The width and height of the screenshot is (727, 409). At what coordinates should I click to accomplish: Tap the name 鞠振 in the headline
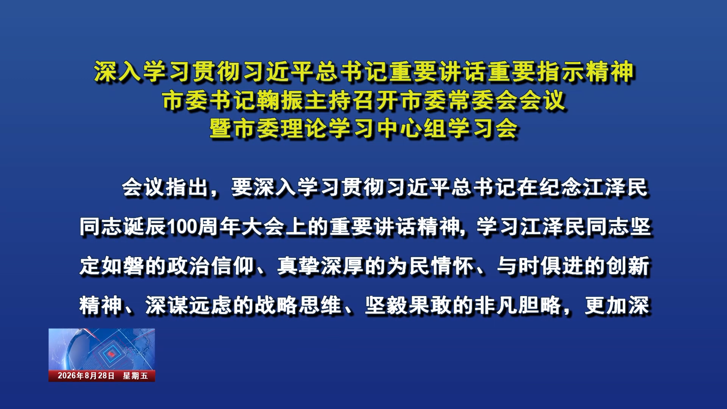click(280, 100)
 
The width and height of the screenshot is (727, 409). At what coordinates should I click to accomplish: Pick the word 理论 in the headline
click(304, 128)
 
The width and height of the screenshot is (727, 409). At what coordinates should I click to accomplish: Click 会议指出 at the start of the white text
click(165, 187)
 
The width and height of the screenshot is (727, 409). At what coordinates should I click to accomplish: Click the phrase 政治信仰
click(211, 266)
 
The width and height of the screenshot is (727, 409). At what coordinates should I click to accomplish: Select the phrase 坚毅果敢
click(409, 305)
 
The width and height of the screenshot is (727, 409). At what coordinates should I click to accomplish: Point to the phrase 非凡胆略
click(518, 305)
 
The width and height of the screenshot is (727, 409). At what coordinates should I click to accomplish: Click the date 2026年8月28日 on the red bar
click(86, 376)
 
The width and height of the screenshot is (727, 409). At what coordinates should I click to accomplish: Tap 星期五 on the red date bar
click(135, 376)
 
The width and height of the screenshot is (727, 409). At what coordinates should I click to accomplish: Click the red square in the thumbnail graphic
click(111, 353)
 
